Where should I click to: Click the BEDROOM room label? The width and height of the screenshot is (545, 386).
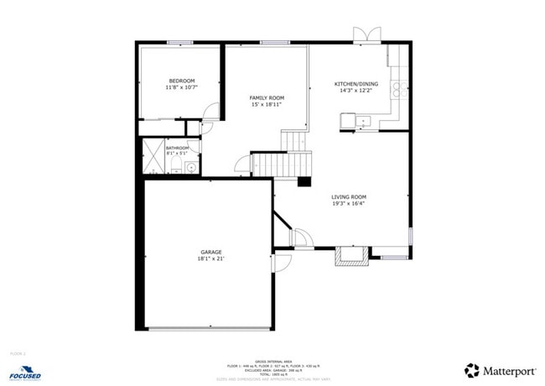pos(180,81)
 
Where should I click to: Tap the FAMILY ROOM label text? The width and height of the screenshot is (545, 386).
pos(267,98)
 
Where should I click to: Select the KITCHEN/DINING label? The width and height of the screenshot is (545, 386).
pos(356,84)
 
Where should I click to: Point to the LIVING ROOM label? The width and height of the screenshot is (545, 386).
pos(348,197)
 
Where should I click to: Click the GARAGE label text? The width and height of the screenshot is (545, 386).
pos(210,252)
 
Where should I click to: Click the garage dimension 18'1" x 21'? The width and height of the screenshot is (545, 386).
pos(210,258)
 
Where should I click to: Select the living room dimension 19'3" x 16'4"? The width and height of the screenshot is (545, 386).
pos(348,203)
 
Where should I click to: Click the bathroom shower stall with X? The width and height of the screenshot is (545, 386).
pos(153,157)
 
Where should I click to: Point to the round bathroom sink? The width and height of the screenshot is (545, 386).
pos(190,168)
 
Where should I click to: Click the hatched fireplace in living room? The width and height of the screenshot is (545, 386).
pos(351,257)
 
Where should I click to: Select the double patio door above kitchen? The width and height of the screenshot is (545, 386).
pos(366,34)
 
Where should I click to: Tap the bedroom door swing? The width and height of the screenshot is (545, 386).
pos(210,112)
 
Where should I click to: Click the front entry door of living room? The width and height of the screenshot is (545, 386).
pos(299,238)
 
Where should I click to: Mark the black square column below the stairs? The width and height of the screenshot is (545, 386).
pos(304,180)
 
